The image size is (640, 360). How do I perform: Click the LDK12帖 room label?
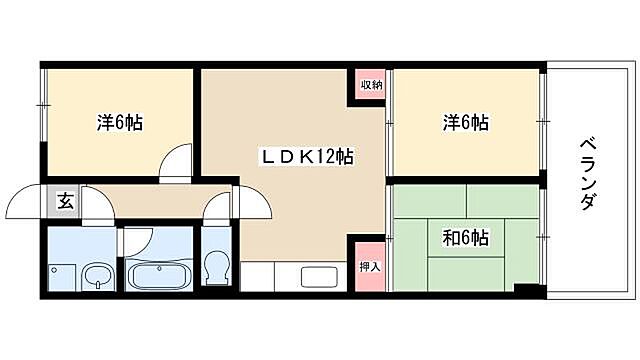(307, 157)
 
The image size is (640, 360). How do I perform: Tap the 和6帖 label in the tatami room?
(466, 238)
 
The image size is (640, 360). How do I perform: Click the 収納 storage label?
(371, 85)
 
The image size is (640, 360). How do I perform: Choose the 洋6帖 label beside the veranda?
(466, 123)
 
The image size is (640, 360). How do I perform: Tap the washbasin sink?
(97, 274)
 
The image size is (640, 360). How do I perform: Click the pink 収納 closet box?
(370, 85)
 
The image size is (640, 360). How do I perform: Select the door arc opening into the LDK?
(252, 203)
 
